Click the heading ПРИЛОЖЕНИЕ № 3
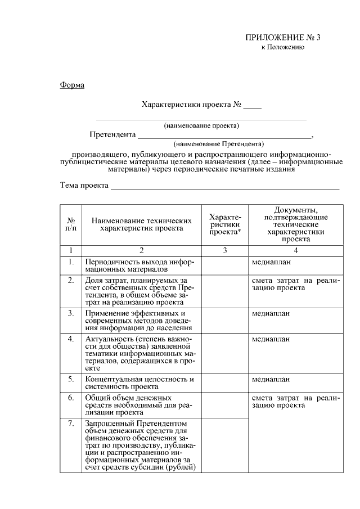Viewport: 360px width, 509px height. pos(282,38)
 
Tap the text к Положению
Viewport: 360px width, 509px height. pos(282,47)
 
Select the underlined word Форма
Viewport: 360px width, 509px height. pos(71,85)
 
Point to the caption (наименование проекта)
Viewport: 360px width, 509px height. pos(201,125)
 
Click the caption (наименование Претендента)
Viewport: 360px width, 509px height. pos(219,143)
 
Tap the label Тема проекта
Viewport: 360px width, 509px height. pos(84,186)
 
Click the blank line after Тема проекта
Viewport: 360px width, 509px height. pos(225,187)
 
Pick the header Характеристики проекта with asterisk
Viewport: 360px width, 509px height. pos(224,224)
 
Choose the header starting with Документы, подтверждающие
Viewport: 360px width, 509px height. pos(295,224)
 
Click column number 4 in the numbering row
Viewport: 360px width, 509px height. pos(295,250)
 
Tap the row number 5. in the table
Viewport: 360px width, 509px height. pos(71,379)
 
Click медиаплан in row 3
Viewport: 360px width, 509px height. pos(271,313)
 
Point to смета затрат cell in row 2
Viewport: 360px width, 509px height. pos(295,284)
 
